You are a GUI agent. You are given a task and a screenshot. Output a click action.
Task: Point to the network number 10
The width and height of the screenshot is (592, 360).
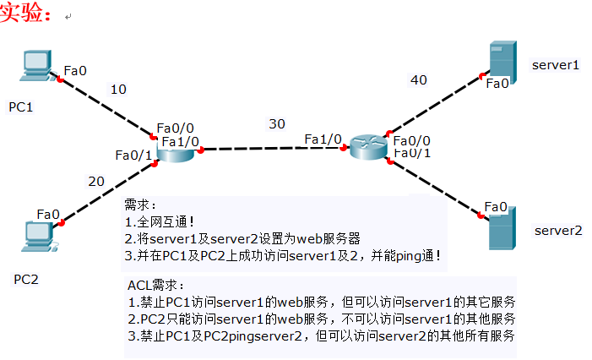(118, 89)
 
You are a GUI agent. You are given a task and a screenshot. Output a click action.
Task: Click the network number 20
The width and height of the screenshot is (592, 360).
(96, 181)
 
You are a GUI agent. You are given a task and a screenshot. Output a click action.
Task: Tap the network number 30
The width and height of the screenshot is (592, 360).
(277, 123)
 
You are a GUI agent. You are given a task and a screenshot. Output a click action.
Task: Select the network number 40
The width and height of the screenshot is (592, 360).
(419, 79)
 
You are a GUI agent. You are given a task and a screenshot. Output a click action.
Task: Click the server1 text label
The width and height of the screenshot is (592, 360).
(556, 64)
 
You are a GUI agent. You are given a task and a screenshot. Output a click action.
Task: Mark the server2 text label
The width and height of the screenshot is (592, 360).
(558, 230)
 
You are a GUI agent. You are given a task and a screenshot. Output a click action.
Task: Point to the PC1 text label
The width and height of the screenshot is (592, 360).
(22, 107)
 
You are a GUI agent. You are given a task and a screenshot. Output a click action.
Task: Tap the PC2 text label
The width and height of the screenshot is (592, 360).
(26, 278)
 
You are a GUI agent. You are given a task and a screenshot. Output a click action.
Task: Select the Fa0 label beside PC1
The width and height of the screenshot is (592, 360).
(75, 70)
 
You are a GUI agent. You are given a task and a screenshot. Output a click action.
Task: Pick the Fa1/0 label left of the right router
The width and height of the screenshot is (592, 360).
(323, 139)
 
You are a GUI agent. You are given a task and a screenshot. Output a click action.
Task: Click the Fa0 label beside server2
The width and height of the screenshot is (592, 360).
(496, 207)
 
